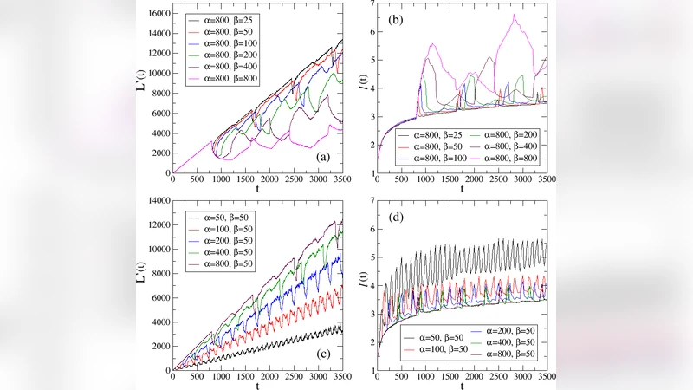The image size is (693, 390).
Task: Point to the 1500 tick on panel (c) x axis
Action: coord(246,378)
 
